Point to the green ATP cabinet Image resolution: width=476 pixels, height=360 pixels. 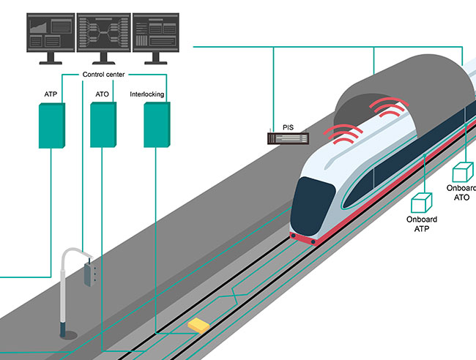pos(51,125)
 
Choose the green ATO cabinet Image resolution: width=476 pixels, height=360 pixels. pos(103,125)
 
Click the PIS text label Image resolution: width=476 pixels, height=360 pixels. pos(288,125)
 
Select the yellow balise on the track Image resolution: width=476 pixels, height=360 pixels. pos(198,324)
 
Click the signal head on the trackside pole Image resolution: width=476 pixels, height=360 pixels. pos(90,272)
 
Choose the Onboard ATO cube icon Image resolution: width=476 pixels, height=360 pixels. pos(462,173)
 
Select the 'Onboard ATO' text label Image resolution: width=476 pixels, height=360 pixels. pos(461,192)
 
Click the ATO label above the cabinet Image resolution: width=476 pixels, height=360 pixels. pos(103,94)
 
